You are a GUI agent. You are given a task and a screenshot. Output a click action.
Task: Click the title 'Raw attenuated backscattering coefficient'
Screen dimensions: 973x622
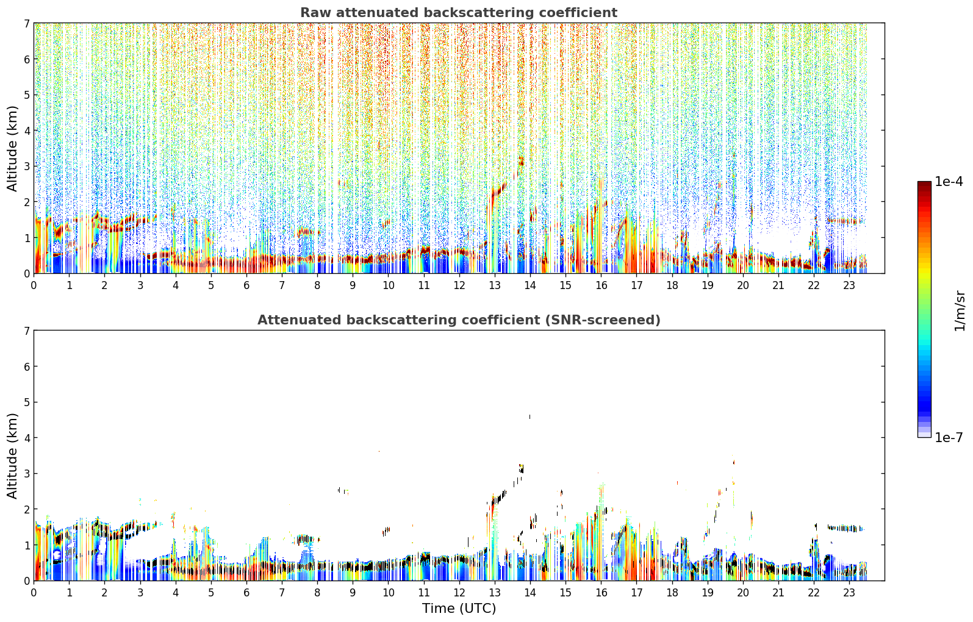pos(459,13)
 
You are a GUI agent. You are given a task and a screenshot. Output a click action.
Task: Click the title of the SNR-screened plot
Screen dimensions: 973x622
pos(459,320)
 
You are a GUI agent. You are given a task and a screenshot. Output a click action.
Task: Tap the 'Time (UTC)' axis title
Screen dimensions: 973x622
pos(459,609)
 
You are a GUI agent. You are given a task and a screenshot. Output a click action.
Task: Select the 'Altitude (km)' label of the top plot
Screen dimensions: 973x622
pos(12,148)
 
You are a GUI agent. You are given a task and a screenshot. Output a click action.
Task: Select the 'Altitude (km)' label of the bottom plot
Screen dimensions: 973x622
pos(12,456)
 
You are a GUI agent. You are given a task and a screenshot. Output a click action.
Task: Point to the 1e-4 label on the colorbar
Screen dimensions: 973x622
pos(949,182)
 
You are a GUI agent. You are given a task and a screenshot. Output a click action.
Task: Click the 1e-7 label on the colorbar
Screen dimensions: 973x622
pos(949,437)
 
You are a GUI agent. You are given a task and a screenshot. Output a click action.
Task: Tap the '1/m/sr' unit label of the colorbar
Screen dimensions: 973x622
pos(960,312)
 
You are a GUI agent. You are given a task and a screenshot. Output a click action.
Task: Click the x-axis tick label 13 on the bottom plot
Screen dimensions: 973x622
pos(495,593)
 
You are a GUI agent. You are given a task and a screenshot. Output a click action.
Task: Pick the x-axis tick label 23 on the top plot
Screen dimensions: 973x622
pos(849,285)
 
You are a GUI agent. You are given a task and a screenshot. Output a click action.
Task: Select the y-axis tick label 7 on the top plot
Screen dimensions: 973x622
pos(26,23)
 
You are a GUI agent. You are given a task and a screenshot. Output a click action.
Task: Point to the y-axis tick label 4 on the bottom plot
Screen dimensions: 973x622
pos(26,438)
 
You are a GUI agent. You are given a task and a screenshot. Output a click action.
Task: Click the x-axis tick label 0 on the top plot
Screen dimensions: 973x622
pos(34,285)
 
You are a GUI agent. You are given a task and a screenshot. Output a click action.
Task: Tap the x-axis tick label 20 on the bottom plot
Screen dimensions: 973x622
pos(743,593)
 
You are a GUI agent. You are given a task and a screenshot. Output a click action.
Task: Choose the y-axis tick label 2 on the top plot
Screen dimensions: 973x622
pos(26,202)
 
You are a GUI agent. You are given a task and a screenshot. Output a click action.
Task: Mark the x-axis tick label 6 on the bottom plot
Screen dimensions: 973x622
pos(246,593)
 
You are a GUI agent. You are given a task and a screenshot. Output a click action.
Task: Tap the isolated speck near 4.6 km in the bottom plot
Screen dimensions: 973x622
pos(530,416)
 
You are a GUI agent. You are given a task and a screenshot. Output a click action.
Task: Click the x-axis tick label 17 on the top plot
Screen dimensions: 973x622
pos(636,285)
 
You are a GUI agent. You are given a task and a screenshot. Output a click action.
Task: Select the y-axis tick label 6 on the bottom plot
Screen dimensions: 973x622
pos(26,366)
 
